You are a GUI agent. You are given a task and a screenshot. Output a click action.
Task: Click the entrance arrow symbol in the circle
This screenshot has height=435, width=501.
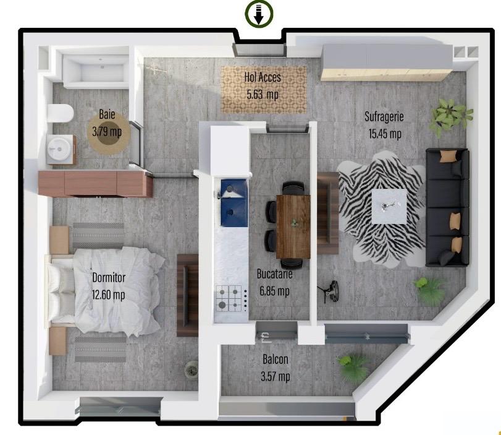(x=258, y=14)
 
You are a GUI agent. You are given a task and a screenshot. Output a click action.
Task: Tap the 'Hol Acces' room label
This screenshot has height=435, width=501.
(x=263, y=77)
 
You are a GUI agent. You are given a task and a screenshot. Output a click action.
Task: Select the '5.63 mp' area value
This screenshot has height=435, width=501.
(x=263, y=95)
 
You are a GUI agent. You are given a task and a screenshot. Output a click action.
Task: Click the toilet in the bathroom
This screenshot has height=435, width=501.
(x=61, y=113)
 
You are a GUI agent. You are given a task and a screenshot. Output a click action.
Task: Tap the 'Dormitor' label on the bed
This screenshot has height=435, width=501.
(x=109, y=277)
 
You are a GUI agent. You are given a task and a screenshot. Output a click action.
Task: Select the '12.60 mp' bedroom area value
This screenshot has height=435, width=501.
(x=108, y=295)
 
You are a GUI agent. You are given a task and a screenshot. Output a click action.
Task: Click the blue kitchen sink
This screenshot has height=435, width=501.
(x=234, y=203)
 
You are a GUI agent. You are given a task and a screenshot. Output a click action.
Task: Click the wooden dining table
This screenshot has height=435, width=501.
(x=293, y=226)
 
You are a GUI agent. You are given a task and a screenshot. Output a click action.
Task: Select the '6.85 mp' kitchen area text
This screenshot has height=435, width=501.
(x=274, y=291)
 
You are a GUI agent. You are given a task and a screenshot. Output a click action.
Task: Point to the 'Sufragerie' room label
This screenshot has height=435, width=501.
(x=384, y=116)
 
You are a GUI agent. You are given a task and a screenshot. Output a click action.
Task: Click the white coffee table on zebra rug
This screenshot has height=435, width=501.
(x=389, y=207)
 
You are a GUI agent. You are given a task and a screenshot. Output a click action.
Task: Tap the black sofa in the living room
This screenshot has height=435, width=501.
(x=447, y=207)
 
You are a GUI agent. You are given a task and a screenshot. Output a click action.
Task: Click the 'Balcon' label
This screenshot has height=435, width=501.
(x=276, y=359)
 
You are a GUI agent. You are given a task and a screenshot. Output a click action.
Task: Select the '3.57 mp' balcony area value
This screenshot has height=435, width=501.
(x=276, y=376)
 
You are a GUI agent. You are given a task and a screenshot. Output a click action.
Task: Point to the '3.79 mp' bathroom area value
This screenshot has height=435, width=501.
(x=107, y=131)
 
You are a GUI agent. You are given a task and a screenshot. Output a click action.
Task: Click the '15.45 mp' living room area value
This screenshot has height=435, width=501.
(x=385, y=134)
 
